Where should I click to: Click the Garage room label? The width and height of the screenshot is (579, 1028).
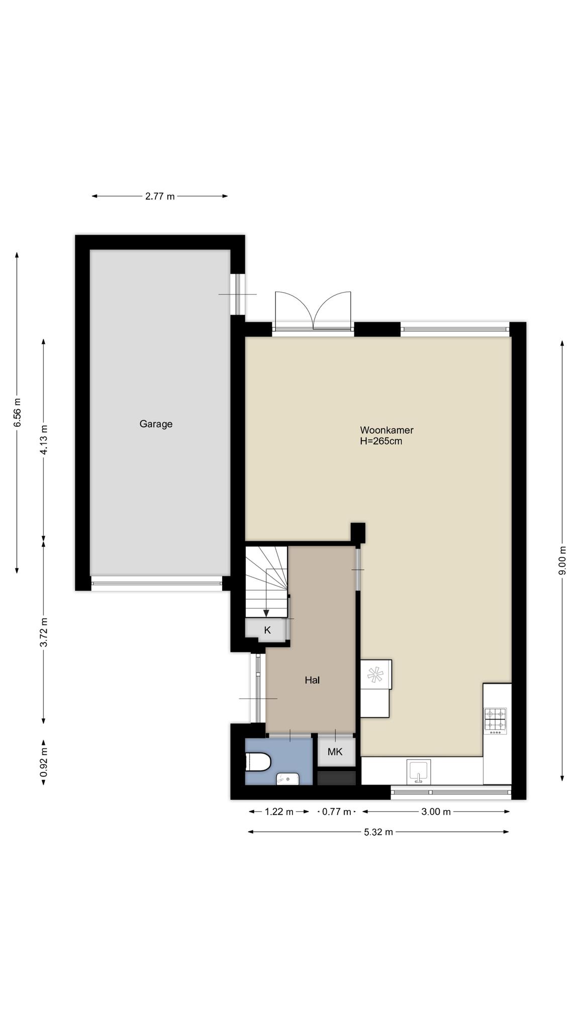coord(156,424)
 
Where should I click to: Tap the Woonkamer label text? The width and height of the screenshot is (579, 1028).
coord(387,430)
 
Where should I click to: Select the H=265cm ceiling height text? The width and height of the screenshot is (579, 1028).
coord(381,442)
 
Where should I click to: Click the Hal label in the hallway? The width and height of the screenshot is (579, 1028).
coord(312,680)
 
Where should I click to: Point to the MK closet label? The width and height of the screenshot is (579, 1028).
coord(335,751)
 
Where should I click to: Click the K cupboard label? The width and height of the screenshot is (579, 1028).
coord(267,630)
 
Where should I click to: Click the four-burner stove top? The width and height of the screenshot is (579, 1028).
coord(495,721)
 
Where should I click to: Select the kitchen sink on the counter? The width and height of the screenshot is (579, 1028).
coord(418,772)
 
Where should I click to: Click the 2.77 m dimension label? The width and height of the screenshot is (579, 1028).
coord(160,196)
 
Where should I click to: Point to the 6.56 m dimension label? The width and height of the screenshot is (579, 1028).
coord(18,412)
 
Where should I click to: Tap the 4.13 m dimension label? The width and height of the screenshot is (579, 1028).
coord(44,440)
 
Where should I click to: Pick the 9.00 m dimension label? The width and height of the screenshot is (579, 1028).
coord(562,560)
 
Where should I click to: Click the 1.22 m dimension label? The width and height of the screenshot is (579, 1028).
coord(279,812)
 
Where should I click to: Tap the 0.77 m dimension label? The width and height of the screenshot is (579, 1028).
coord(336,812)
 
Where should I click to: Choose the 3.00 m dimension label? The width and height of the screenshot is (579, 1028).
coord(436,812)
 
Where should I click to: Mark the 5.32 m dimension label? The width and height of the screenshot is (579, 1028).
coord(378,832)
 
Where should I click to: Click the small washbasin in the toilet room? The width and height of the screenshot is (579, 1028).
coord(287,779)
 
